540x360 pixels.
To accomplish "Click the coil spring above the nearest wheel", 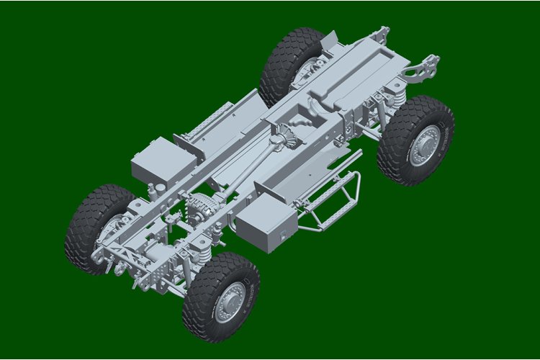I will [x=204, y=255].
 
